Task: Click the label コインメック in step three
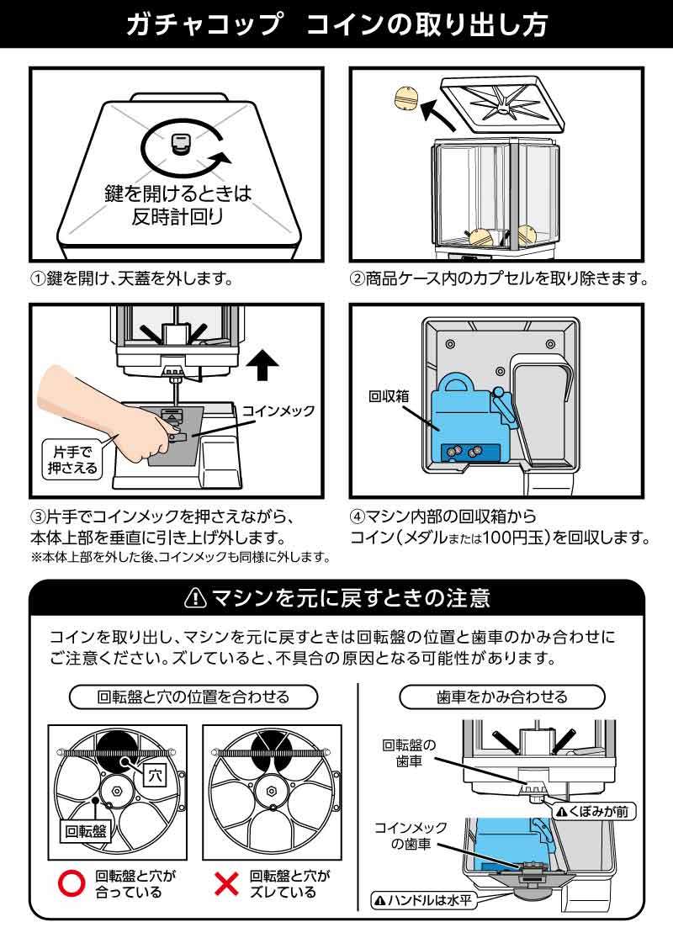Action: click(x=278, y=411)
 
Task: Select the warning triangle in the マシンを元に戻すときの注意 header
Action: click(x=195, y=598)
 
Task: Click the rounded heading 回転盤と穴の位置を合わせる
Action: click(x=193, y=697)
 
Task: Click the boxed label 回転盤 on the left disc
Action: click(x=86, y=831)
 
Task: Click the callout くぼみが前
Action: click(x=592, y=811)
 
